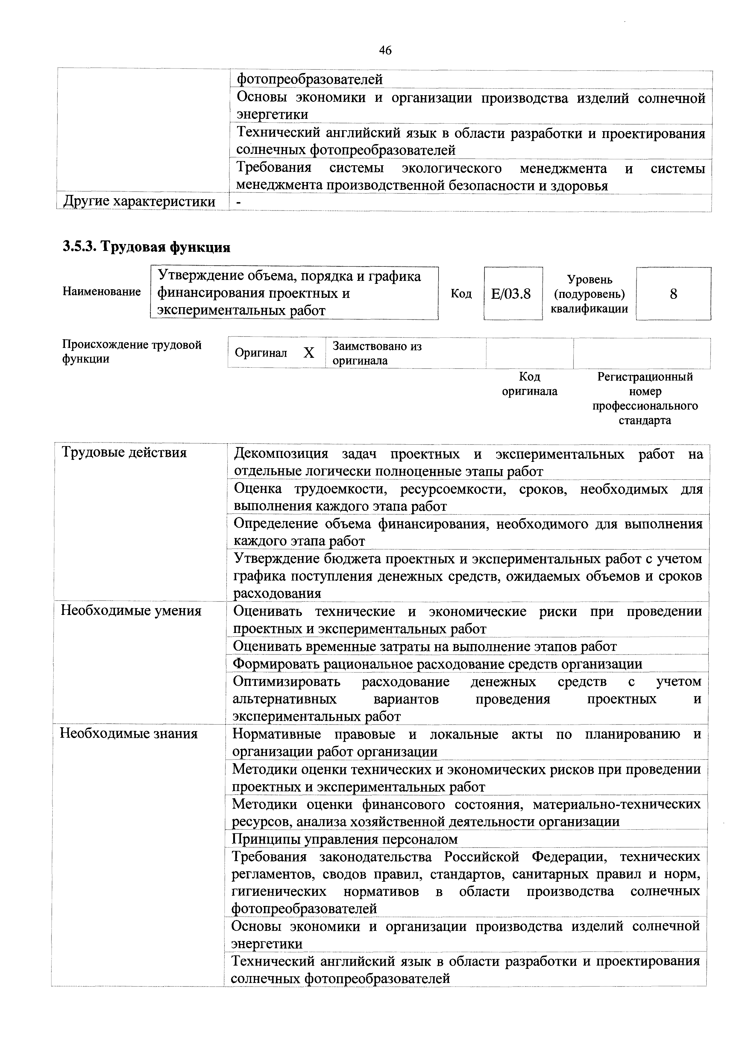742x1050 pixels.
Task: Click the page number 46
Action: [385, 50]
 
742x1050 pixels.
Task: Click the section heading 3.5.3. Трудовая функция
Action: [146, 247]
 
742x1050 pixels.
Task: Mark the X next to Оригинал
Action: [309, 353]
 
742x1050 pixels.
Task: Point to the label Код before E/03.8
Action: [461, 294]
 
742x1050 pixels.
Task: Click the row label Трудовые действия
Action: [124, 453]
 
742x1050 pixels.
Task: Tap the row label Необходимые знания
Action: [129, 734]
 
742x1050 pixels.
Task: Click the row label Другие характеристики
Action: [139, 202]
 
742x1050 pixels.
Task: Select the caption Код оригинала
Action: [529, 384]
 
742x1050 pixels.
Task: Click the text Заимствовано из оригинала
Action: [377, 353]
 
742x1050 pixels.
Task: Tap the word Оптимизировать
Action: [287, 681]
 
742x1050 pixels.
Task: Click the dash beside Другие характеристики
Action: [239, 202]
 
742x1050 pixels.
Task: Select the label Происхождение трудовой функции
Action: [132, 351]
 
